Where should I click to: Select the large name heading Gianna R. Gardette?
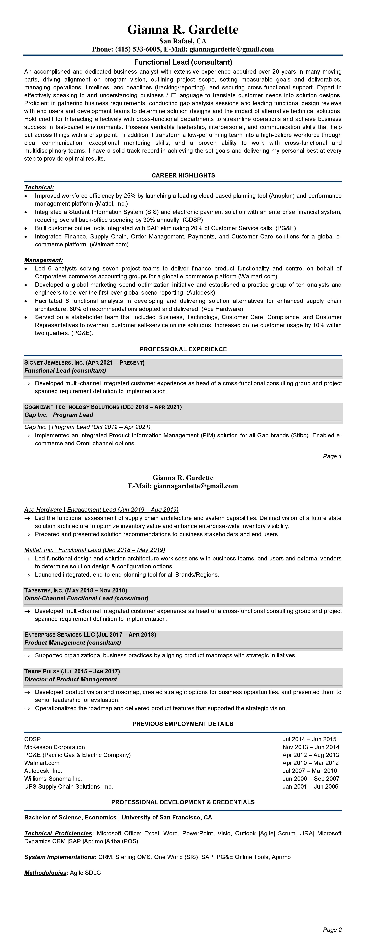[183, 29]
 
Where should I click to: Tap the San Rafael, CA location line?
[183, 41]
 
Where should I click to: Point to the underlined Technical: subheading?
[39, 188]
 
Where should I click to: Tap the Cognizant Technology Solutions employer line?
[103, 407]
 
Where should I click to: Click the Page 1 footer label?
[332, 456]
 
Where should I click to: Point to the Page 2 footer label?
[332, 930]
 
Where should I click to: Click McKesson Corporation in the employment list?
[54, 747]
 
